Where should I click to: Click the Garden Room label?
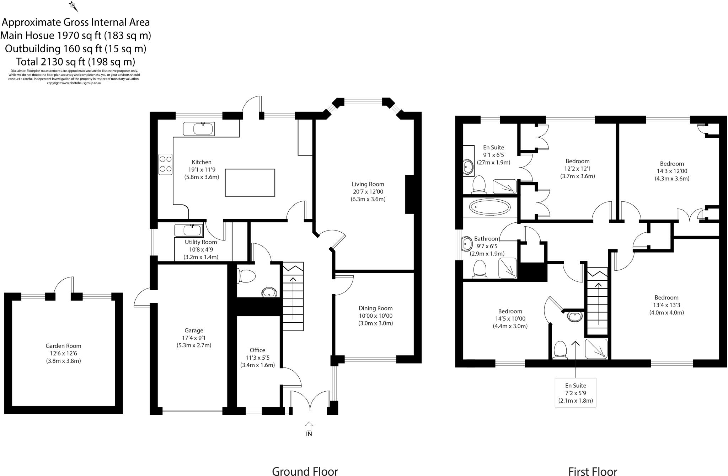pos(63,346)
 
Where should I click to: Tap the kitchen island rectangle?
pos(250,183)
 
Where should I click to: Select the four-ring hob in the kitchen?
pos(165,164)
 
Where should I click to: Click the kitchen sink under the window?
pos(199,129)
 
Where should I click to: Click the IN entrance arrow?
pos(309,425)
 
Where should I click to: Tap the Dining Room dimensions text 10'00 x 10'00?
pos(375,316)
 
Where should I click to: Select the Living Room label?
pos(368,184)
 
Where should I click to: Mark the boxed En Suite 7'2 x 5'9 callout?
pos(576,393)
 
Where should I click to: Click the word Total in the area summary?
pos(27,62)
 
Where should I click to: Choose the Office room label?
pos(257,350)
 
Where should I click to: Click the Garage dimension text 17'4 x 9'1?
pos(194,338)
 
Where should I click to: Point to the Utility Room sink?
pos(189,231)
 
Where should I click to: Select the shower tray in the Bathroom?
pos(507,268)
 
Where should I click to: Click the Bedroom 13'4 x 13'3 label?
pos(667,298)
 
